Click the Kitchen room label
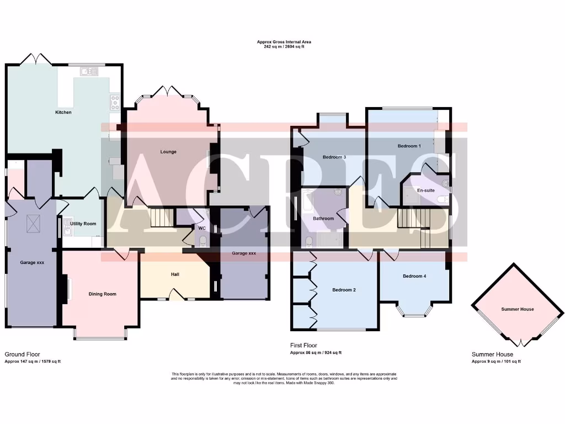click(63, 112)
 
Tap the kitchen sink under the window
click(89, 71)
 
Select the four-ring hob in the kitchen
click(115, 102)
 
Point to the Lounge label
click(168, 151)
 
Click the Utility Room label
click(83, 224)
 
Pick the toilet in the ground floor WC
click(202, 240)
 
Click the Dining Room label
click(103, 294)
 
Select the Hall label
click(175, 274)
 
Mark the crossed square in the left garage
click(33, 224)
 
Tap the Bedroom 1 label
click(409, 146)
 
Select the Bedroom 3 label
click(334, 157)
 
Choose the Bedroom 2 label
click(344, 289)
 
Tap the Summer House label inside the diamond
click(517, 309)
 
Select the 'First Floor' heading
click(303, 346)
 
